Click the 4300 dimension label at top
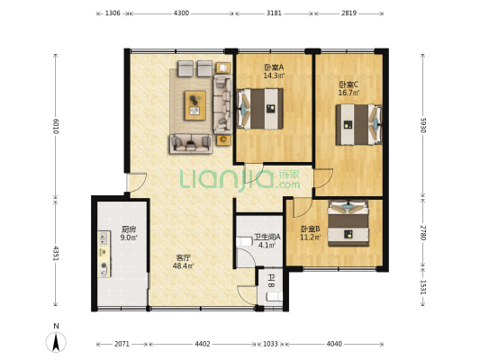181,13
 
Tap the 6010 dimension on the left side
56,126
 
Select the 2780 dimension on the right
422,233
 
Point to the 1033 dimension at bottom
270,344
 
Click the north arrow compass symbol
56,342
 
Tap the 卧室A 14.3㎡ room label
274,71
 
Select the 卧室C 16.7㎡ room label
349,88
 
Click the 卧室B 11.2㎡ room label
311,233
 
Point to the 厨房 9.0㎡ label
129,233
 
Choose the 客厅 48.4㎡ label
183,262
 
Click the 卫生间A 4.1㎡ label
267,240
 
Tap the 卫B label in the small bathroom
271,281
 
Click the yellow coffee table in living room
195,105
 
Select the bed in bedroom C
358,125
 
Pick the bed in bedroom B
348,223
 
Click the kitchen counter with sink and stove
104,254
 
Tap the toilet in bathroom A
244,242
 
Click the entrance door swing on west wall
137,183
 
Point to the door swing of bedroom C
323,178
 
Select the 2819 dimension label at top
349,13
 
